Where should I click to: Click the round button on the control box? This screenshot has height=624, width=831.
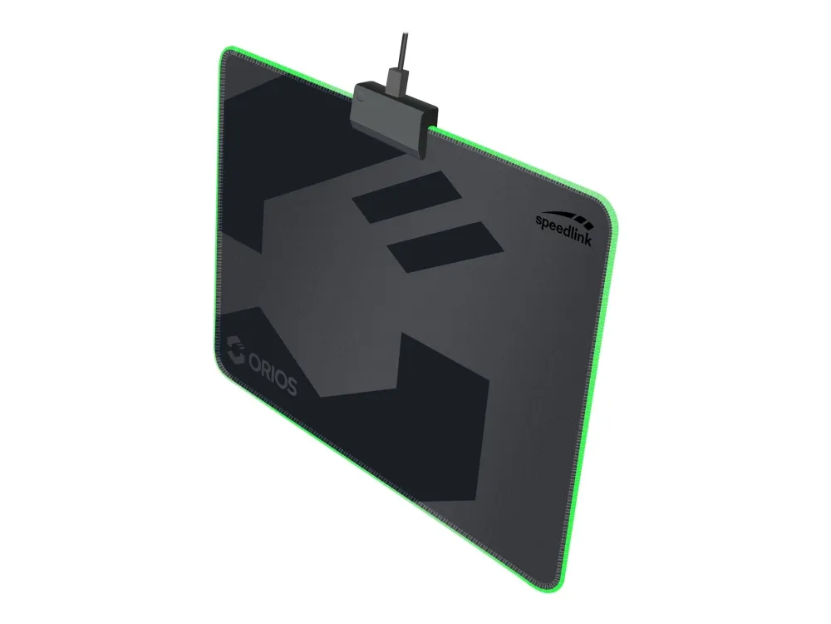(361, 97)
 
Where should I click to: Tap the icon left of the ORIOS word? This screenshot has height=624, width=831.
(235, 349)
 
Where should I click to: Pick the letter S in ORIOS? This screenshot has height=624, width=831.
(290, 385)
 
